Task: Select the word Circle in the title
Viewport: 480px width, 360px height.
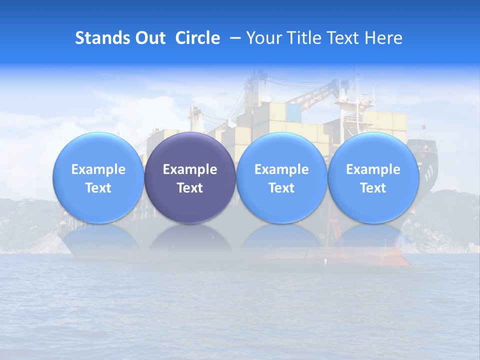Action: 197,38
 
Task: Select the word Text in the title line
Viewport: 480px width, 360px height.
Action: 341,38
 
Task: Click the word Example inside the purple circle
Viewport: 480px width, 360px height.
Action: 190,169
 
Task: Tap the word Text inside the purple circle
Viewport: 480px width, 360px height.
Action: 190,188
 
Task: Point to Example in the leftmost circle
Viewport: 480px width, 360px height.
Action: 98,169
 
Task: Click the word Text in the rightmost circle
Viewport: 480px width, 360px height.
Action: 373,188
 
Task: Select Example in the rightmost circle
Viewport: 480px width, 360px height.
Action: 373,169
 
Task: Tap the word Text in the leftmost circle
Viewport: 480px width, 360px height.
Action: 98,188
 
